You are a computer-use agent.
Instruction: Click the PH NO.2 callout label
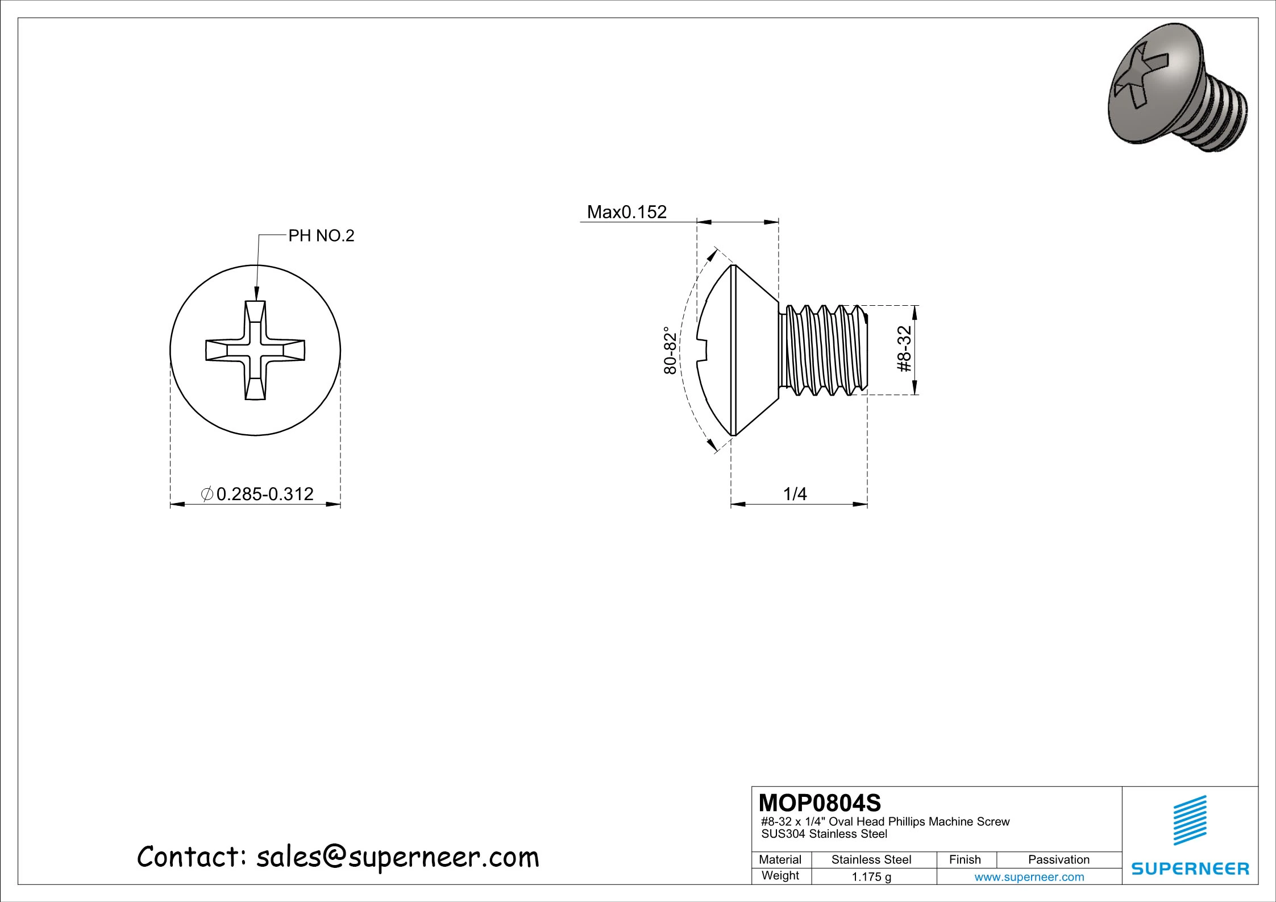click(321, 235)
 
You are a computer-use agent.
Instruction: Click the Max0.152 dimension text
click(626, 212)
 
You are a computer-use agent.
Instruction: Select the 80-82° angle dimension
click(671, 350)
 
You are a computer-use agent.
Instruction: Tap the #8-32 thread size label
click(904, 349)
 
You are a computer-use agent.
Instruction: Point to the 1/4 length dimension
click(795, 494)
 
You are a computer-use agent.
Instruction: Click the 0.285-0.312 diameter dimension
click(265, 494)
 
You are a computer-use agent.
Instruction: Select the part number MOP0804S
click(820, 803)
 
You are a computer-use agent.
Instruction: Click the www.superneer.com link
click(1029, 877)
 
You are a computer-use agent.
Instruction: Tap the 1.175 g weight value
click(871, 877)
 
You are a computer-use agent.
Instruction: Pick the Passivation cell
click(1058, 859)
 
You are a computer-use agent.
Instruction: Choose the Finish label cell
click(965, 859)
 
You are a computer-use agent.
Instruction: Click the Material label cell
click(780, 859)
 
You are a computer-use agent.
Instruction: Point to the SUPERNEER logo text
click(1190, 868)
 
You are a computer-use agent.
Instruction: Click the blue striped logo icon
click(1190, 821)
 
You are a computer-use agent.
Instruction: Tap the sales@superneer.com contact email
click(397, 857)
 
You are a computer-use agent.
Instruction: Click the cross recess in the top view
click(255, 350)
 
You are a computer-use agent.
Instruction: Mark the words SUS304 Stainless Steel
click(824, 834)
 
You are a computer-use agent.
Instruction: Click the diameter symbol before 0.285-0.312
click(207, 494)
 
